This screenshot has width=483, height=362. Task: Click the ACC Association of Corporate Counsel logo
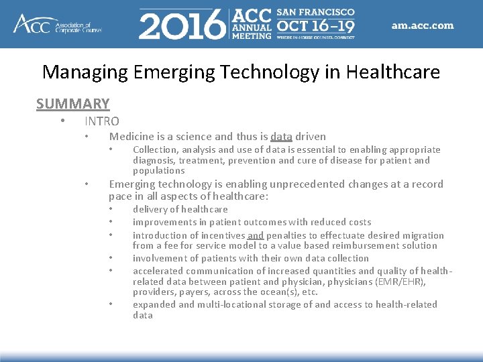tap(57, 24)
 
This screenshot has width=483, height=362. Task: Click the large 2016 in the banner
tap(181, 25)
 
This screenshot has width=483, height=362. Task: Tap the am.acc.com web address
tap(422, 26)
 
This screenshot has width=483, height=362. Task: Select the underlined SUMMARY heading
tap(73, 104)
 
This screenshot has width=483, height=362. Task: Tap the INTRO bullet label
tap(102, 121)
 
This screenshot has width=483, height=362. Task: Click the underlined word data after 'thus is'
tap(281, 137)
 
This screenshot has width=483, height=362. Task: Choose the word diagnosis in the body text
tap(154, 160)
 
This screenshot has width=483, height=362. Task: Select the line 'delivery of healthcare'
tap(180, 209)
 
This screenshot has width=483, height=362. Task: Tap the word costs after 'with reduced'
tap(358, 222)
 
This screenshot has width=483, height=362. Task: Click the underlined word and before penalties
tap(256, 235)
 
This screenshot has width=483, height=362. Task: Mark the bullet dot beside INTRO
tap(62, 121)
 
